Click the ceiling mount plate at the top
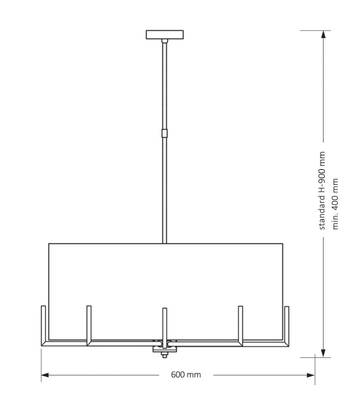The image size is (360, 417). [165, 35]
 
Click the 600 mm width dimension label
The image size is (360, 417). [186, 375]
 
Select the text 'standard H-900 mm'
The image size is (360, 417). [322, 191]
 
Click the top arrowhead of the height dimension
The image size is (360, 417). [322, 35]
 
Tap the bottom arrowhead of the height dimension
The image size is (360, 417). [322, 352]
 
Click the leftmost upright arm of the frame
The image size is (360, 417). [44, 325]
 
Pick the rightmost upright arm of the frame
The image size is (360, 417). [287, 325]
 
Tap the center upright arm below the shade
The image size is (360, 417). [165, 325]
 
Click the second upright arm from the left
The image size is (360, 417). [89, 325]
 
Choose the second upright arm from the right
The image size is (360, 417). [240, 325]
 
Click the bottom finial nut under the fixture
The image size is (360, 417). [165, 355]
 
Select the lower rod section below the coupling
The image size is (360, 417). [165, 191]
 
